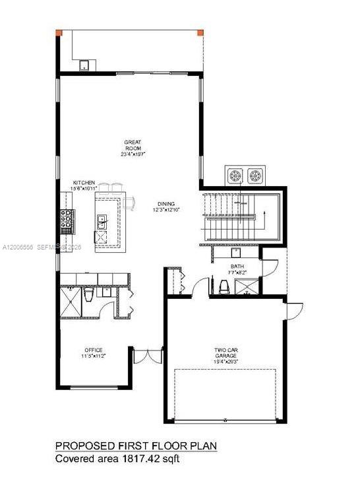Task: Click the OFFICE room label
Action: [x=93, y=350]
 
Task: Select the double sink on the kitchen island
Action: [x=100, y=222]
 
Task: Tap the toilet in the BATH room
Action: [x=224, y=286]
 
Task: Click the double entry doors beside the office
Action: [x=141, y=356]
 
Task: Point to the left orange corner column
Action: [x=59, y=32]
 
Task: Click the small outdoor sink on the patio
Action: [x=84, y=65]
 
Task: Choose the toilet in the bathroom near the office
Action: [x=89, y=296]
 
